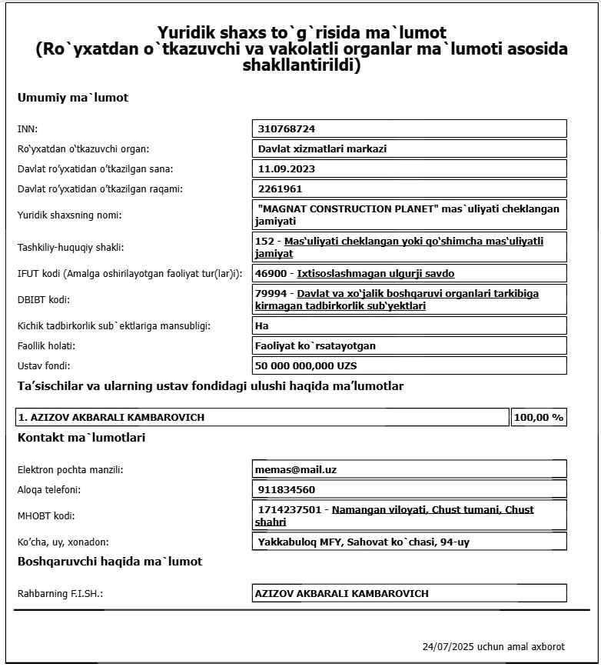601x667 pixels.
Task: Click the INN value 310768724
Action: coord(287,128)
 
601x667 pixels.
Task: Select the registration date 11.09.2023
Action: coord(287,168)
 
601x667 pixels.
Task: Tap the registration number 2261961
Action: coord(280,188)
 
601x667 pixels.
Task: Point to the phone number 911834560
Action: coord(285,489)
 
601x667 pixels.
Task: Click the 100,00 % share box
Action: coord(539,417)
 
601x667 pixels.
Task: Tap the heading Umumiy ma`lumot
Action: coord(72,98)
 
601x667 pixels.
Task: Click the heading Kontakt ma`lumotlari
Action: coord(81,438)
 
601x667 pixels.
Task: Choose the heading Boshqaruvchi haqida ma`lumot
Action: coord(109,562)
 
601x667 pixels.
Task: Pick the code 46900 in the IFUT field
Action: coord(271,273)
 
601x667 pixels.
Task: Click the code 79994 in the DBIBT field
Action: coord(271,293)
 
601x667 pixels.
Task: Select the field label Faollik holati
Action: coord(46,345)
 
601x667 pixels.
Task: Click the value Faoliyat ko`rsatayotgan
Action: coord(315,345)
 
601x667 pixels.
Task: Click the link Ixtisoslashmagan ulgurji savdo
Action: coord(376,273)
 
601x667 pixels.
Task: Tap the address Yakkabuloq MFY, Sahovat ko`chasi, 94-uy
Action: coord(362,542)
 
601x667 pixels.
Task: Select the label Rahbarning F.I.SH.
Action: coord(60,594)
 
